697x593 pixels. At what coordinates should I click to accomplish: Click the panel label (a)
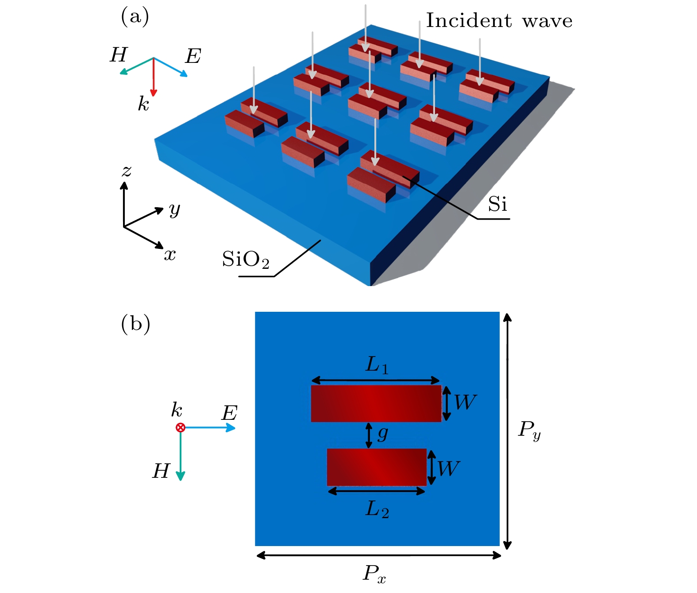tap(135, 17)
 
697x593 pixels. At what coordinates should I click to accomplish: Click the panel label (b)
tap(135, 325)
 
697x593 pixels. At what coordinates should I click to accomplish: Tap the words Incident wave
tap(499, 21)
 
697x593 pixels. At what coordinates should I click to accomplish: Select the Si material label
tap(497, 204)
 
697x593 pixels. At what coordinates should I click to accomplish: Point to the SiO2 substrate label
tap(246, 260)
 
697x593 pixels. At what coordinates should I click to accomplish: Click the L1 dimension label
tap(377, 365)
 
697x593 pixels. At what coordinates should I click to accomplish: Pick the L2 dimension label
tap(377, 510)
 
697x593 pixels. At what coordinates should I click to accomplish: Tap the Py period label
tap(529, 431)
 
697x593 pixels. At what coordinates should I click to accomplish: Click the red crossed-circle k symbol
tap(181, 428)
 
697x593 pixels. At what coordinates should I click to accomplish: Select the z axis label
tap(127, 171)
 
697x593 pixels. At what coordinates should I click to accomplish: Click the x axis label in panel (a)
tap(169, 255)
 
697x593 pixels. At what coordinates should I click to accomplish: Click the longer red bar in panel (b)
tap(376, 403)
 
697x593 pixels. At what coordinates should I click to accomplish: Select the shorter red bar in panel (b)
tap(377, 468)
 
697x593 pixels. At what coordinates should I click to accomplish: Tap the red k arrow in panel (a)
tap(154, 78)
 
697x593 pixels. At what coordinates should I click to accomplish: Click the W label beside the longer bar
tap(466, 402)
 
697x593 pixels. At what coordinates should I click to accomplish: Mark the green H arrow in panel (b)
tap(181, 454)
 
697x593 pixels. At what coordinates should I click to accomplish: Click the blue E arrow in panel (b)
tap(208, 428)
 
